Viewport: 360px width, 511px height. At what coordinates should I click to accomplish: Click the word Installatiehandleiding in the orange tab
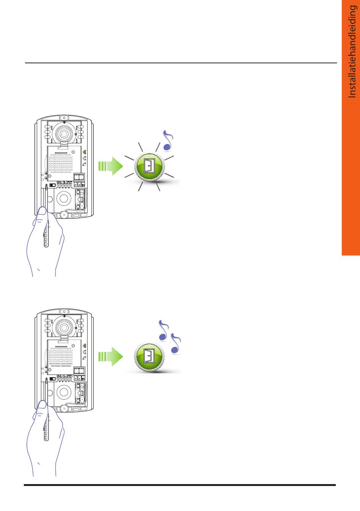tap(352, 52)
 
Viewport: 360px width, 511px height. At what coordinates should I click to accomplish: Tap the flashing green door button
tap(149, 167)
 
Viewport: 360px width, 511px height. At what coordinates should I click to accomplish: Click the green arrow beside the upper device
tap(111, 166)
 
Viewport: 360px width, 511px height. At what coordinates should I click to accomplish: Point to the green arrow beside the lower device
tap(111, 357)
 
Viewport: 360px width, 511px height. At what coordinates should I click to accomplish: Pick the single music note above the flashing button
tap(168, 141)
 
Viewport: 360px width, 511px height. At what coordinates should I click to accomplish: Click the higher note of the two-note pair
tap(163, 330)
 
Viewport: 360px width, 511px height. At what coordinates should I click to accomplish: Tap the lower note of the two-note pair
tap(175, 343)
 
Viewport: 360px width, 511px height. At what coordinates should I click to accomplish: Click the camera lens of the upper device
tap(64, 134)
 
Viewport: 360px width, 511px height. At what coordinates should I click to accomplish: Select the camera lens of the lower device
tap(64, 328)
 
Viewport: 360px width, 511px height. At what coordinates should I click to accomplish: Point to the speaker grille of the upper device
tap(61, 163)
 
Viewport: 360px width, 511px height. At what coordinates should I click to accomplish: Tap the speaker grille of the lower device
tap(61, 357)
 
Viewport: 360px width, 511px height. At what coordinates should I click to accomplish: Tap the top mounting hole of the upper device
tap(64, 118)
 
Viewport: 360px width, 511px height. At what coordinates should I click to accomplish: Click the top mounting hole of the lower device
tap(64, 312)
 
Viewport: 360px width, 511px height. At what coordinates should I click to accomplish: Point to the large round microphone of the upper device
tap(64, 198)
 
